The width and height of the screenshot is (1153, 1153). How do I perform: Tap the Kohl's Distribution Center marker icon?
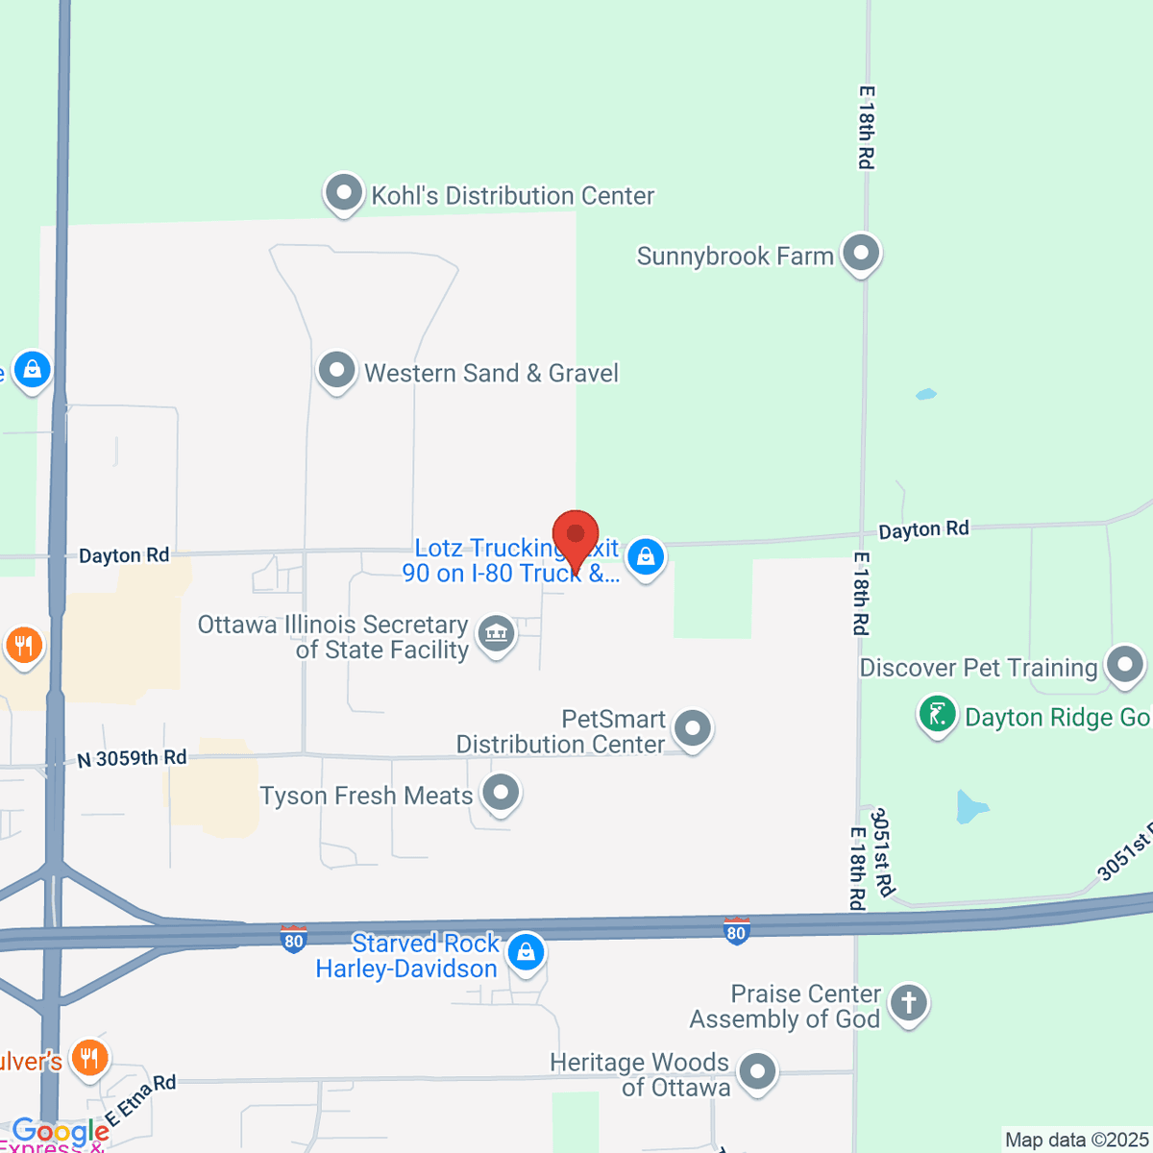click(x=343, y=193)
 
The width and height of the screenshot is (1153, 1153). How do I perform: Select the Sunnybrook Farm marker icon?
click(x=861, y=254)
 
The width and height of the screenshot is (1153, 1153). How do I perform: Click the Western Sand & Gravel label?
click(x=491, y=373)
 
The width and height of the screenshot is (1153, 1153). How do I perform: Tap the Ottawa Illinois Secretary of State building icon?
click(x=497, y=634)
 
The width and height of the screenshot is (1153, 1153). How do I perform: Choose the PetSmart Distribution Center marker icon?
click(x=692, y=729)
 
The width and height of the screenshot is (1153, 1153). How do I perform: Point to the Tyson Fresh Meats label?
click(x=366, y=796)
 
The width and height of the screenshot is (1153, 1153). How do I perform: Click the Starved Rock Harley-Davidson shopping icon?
click(x=526, y=952)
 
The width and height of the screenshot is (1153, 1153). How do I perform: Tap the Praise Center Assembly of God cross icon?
click(x=908, y=1003)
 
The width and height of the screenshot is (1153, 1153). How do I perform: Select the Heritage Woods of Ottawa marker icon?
click(x=757, y=1071)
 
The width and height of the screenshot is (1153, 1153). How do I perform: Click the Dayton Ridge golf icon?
click(x=937, y=715)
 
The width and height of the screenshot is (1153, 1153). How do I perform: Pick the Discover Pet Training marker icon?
click(x=1125, y=665)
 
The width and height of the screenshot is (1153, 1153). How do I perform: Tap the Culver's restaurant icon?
click(x=89, y=1059)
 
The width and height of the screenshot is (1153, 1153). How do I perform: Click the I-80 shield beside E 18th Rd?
click(x=736, y=931)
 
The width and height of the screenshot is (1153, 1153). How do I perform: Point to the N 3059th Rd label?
click(x=132, y=758)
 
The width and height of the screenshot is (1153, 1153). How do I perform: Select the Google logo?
click(x=61, y=1132)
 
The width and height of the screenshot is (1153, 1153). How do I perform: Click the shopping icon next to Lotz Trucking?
click(x=646, y=556)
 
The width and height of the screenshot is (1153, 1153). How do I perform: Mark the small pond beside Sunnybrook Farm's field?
click(x=925, y=394)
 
